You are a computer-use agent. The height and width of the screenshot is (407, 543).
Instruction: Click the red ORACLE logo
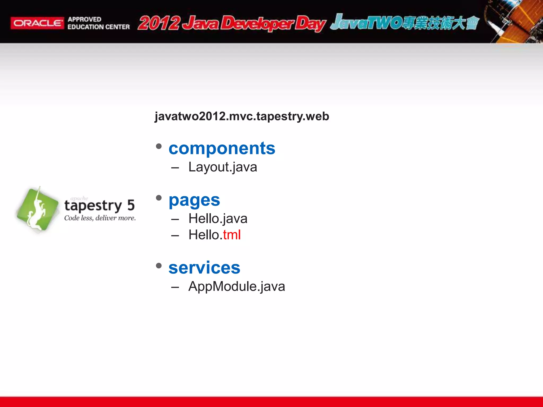tap(37, 23)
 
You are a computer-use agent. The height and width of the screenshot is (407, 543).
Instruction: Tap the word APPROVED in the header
tap(84, 19)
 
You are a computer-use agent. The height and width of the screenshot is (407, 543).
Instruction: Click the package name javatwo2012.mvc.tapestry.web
tap(242, 116)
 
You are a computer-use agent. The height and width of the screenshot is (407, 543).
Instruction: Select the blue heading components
tap(222, 148)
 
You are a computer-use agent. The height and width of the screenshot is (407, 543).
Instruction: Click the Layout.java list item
tap(223, 167)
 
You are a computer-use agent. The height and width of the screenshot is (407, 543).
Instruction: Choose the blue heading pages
tap(194, 200)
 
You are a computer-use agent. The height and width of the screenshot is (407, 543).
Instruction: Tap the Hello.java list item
tap(218, 219)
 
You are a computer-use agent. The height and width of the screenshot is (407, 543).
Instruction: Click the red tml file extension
tap(232, 235)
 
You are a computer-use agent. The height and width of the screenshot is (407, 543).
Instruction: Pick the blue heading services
tap(204, 268)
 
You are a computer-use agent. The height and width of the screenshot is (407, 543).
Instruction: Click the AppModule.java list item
tap(237, 286)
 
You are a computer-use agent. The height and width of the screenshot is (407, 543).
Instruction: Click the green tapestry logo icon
tap(37, 209)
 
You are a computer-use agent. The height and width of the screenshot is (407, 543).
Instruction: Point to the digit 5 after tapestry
tap(131, 205)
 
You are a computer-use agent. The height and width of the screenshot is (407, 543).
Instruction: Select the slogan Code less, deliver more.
tap(100, 218)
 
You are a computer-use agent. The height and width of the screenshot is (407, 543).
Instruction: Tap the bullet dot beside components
tap(159, 146)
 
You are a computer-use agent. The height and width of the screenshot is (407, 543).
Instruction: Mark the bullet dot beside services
tap(159, 266)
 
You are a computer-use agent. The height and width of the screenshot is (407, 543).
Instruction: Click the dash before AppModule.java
tap(175, 287)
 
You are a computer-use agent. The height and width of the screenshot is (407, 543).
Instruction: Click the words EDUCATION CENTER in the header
tap(99, 27)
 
